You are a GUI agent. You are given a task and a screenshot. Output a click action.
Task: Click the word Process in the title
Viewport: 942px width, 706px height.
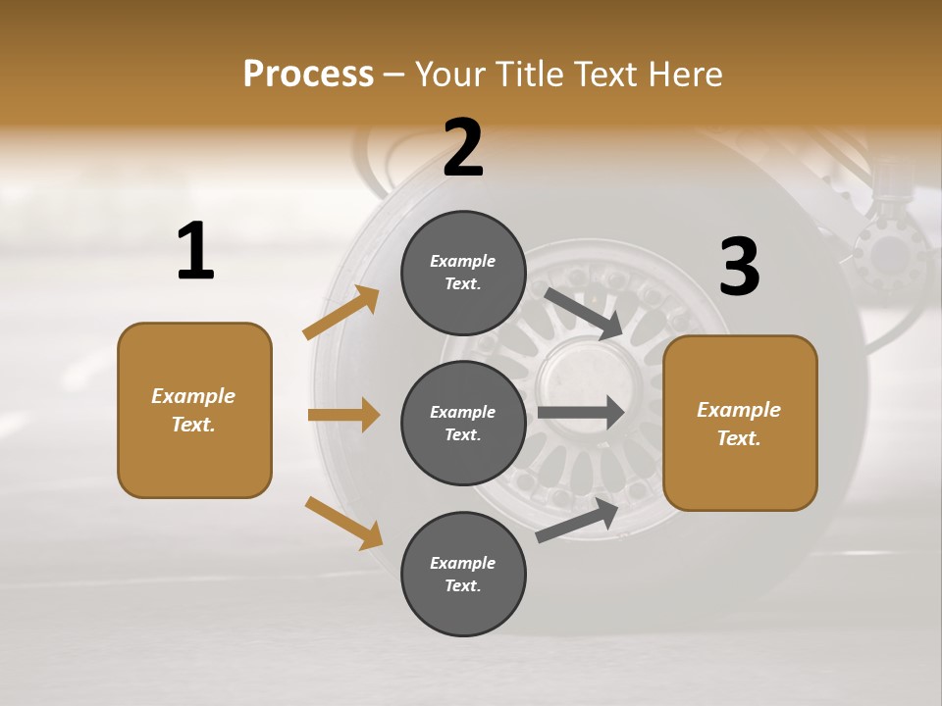(x=308, y=74)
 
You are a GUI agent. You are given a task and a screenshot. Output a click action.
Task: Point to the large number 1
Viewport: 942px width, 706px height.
(x=195, y=251)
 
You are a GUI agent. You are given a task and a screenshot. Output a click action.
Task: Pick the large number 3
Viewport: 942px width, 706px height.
(x=739, y=268)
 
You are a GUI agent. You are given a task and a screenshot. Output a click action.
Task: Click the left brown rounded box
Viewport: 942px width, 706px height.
(x=194, y=410)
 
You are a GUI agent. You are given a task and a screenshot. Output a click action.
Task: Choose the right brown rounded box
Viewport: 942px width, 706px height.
(x=740, y=423)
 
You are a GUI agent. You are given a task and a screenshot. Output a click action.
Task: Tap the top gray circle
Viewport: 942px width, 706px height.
(x=463, y=273)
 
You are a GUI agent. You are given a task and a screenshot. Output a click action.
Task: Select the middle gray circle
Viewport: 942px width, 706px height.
(x=463, y=423)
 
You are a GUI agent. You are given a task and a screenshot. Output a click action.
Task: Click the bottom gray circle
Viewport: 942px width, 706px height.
(x=463, y=574)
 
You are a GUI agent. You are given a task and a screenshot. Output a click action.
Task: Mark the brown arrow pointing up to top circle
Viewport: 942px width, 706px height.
(x=340, y=314)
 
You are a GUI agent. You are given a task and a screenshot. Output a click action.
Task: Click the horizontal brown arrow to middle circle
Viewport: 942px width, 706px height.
(x=343, y=415)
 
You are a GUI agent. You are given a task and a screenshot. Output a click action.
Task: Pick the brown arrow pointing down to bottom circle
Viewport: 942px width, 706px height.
(x=343, y=522)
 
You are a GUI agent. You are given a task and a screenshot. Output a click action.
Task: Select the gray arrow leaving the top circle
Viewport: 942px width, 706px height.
(x=584, y=313)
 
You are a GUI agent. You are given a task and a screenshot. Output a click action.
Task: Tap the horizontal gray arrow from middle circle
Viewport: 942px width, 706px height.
(x=581, y=413)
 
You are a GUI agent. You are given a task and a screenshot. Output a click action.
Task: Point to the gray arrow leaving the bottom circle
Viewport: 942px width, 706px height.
(x=578, y=520)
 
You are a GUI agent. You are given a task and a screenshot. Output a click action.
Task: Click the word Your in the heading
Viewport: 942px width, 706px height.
(x=450, y=74)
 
